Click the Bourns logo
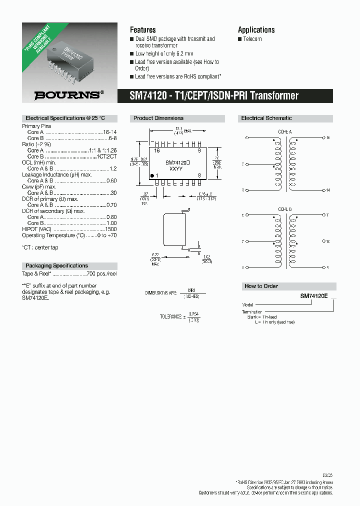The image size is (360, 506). [69, 94]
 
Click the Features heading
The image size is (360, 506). [142, 30]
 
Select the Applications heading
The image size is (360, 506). [256, 30]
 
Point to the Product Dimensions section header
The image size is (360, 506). [158, 118]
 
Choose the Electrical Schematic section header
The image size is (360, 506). [266, 118]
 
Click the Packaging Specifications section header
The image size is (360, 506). [56, 266]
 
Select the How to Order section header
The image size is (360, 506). [261, 286]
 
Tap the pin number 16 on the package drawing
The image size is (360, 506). [156, 150]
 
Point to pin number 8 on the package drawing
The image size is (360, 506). [199, 174]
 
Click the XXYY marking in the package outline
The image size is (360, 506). [175, 169]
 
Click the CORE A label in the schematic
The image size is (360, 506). [285, 131]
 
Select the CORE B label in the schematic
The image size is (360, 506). [285, 209]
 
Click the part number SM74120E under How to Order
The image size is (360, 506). [313, 296]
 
